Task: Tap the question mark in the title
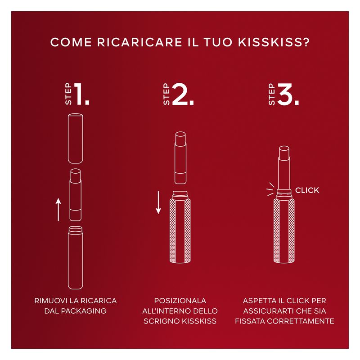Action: pos(306,42)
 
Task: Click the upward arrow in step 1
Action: pos(58,210)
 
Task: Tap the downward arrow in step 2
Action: pos(158,202)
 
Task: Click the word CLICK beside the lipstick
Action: pos(307,190)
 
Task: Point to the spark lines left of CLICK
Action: pos(270,189)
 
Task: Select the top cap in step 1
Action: pos(76,139)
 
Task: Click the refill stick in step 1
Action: pos(76,195)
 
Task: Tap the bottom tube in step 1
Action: pos(76,258)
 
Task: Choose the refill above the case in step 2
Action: pos(180,158)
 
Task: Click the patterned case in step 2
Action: pos(180,227)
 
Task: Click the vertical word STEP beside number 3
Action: pos(272,94)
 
